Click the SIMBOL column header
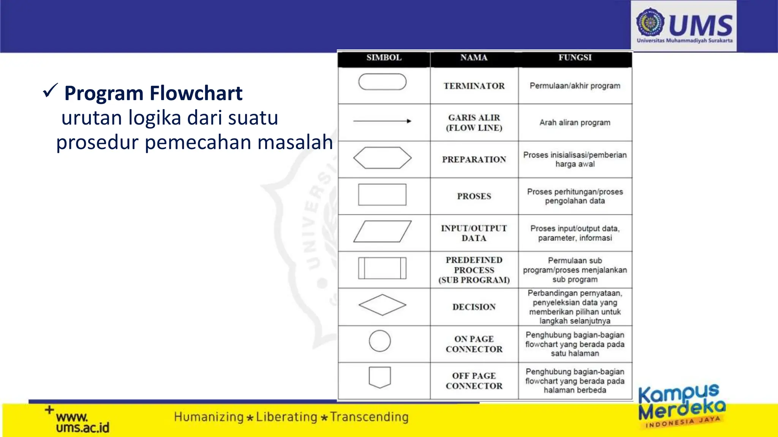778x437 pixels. point(384,58)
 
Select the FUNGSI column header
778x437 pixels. point(575,58)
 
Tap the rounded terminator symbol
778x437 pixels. point(382,82)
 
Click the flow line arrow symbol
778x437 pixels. point(382,121)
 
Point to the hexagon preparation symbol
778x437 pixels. point(382,158)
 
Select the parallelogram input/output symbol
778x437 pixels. point(382,231)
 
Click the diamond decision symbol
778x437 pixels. point(382,305)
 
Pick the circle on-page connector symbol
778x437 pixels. point(380,341)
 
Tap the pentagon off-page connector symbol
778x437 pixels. point(380,377)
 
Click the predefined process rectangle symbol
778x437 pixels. point(382,268)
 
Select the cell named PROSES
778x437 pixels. point(474,196)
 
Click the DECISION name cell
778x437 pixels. point(474,307)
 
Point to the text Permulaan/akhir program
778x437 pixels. point(575,86)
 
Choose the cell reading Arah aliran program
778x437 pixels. point(575,123)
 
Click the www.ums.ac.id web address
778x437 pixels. point(82,422)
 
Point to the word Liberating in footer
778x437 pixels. point(286,417)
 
